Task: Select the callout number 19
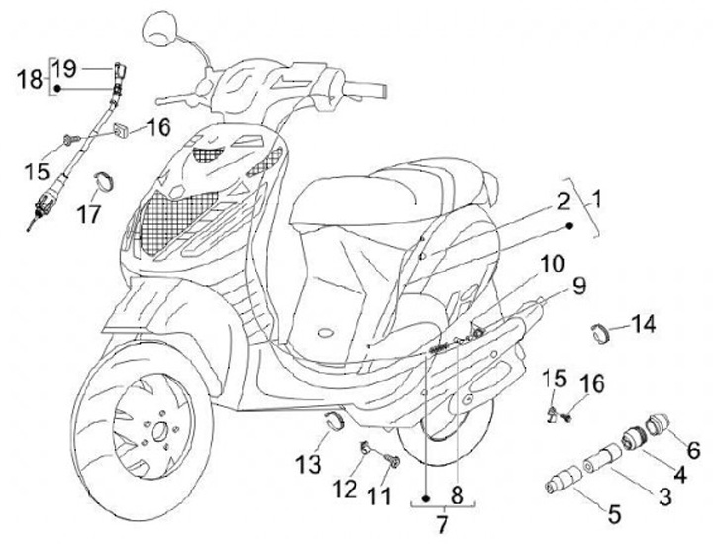(64, 68)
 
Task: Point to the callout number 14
(644, 322)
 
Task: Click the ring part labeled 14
(600, 332)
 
